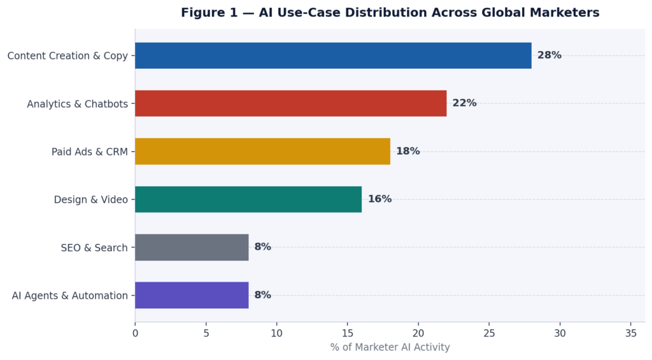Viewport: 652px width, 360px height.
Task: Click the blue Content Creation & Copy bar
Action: coord(333,55)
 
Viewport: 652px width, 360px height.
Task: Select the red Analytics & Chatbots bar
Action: coord(290,103)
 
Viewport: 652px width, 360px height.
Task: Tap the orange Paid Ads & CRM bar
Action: coord(262,151)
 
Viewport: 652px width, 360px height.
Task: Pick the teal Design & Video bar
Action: coord(248,199)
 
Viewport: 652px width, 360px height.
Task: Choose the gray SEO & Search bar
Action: coord(192,247)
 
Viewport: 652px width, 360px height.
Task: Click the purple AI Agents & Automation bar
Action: coord(192,295)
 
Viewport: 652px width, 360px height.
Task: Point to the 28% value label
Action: coord(549,55)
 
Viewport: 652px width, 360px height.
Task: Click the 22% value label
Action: coord(464,103)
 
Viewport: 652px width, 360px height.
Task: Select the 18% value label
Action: coord(407,151)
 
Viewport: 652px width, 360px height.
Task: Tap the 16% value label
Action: coord(379,199)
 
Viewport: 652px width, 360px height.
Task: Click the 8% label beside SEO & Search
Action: coord(262,247)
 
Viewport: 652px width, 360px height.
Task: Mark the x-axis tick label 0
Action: coord(135,333)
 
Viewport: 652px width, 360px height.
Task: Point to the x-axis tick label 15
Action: coord(347,333)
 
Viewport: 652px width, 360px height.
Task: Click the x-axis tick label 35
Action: coord(630,333)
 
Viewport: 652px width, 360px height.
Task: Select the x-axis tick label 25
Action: coord(489,333)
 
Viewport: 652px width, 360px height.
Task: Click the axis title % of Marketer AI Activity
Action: coord(390,347)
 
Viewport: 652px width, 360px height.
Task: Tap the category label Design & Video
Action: coord(90,199)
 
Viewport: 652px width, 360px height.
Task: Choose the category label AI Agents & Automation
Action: coord(69,296)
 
